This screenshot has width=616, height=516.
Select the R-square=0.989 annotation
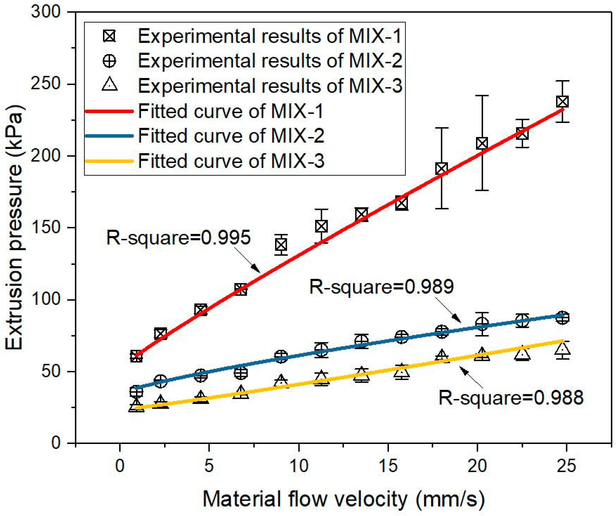coord(381,287)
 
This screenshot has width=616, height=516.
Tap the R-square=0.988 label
coord(511,398)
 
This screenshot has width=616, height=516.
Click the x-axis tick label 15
coord(388,466)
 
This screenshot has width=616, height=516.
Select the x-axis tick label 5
coord(209,466)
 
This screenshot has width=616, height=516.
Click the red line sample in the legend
coord(109,111)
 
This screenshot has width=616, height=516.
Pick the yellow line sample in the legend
coord(109,161)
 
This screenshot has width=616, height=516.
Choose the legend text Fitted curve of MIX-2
coord(231,136)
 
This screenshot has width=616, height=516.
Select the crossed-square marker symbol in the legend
coord(109,36)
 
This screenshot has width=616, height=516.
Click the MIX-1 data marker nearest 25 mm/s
coord(562,102)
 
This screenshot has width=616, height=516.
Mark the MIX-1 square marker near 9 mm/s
coord(281,245)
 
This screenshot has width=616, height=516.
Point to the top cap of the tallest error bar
coord(482,96)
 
